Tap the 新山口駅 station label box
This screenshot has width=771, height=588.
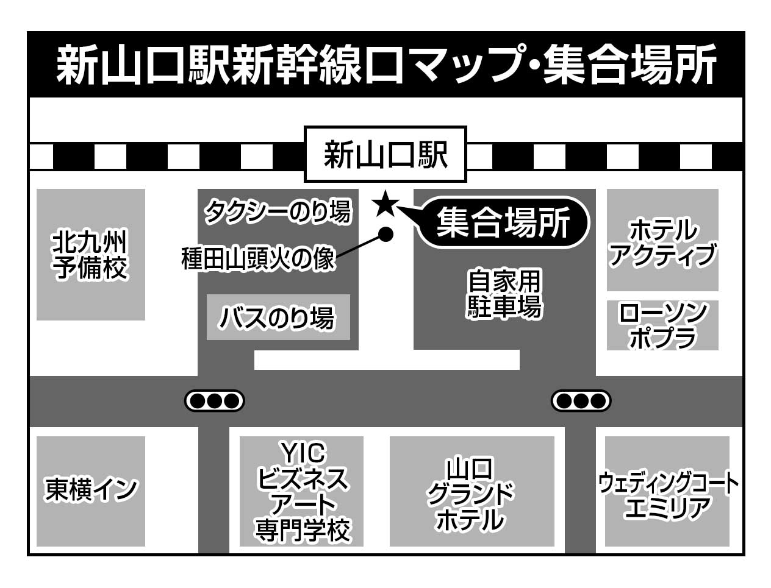click(385, 155)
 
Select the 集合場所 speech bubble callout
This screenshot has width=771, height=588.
click(504, 223)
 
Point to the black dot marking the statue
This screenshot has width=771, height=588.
click(385, 233)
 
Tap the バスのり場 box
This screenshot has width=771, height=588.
click(278, 317)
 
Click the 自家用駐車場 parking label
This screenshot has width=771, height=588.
click(504, 294)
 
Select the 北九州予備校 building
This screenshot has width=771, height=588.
click(91, 254)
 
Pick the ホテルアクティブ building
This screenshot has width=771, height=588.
click(662, 240)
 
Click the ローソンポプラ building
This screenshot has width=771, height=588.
click(662, 325)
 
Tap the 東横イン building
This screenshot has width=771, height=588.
click(91, 491)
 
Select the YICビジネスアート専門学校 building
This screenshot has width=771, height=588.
click(302, 491)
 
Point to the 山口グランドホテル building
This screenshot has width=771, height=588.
click(472, 491)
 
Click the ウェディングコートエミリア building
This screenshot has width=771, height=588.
click(667, 491)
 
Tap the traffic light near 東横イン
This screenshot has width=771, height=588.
click(214, 401)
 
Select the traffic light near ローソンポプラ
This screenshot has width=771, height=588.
click(581, 401)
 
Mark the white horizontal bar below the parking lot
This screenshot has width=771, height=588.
click(387, 360)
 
